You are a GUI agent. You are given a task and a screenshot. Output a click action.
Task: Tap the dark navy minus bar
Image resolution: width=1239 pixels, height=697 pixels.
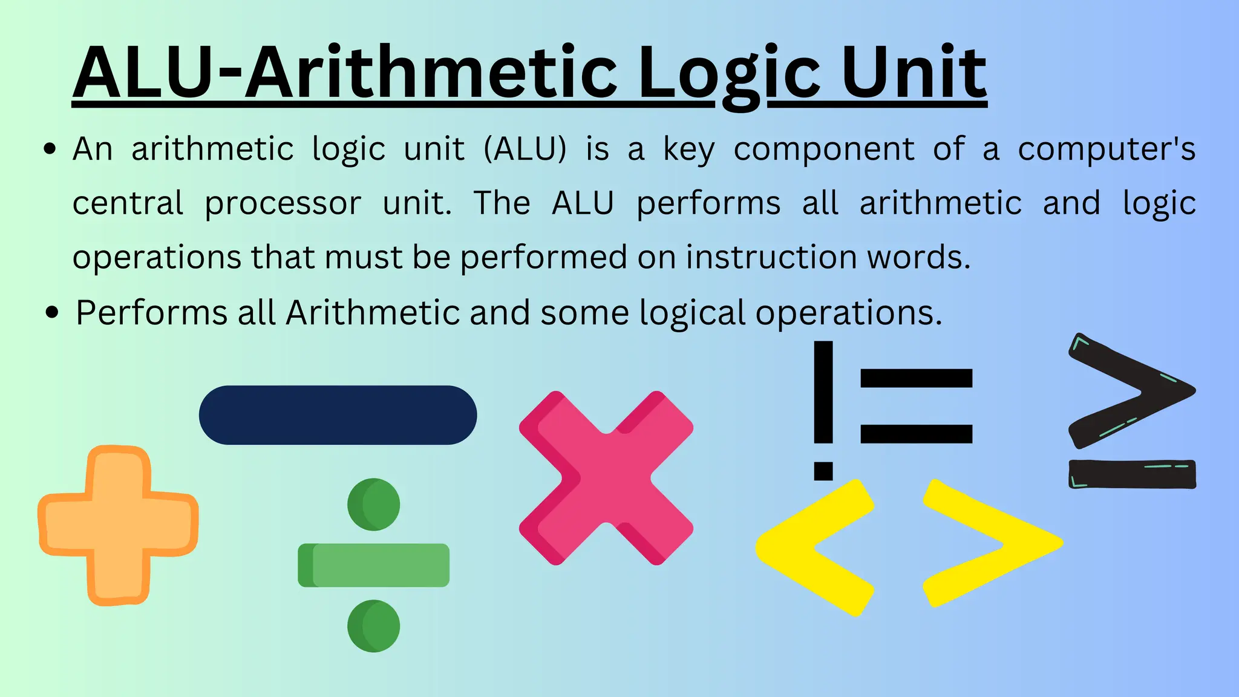click(x=338, y=415)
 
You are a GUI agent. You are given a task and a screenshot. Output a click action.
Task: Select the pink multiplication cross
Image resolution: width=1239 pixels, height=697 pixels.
click(x=606, y=478)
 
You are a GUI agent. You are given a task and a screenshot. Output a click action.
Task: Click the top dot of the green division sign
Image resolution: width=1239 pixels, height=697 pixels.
click(x=374, y=505)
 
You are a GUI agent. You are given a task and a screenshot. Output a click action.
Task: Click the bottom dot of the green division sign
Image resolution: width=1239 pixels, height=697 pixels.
click(x=374, y=626)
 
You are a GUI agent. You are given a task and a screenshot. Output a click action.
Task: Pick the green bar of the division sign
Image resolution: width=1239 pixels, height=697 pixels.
click(x=374, y=565)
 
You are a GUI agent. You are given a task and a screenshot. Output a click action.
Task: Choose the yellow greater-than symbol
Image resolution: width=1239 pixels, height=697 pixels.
click(x=992, y=543)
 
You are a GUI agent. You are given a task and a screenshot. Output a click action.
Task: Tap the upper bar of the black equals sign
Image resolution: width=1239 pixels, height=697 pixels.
click(x=916, y=378)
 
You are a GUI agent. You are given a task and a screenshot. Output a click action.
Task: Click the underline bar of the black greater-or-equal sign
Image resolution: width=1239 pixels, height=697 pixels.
click(x=1132, y=474)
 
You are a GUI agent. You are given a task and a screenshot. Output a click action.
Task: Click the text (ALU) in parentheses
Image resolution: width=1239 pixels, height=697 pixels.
click(x=525, y=149)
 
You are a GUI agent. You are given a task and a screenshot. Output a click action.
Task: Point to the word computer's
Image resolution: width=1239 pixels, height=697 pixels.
click(x=1107, y=150)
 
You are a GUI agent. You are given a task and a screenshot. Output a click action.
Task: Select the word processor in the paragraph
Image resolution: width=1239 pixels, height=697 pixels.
click(x=283, y=204)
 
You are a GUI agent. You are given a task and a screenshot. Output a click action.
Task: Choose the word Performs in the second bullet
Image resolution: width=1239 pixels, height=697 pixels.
click(x=151, y=313)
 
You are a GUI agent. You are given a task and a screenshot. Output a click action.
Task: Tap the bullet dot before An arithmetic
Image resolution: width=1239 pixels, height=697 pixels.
click(x=51, y=149)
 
